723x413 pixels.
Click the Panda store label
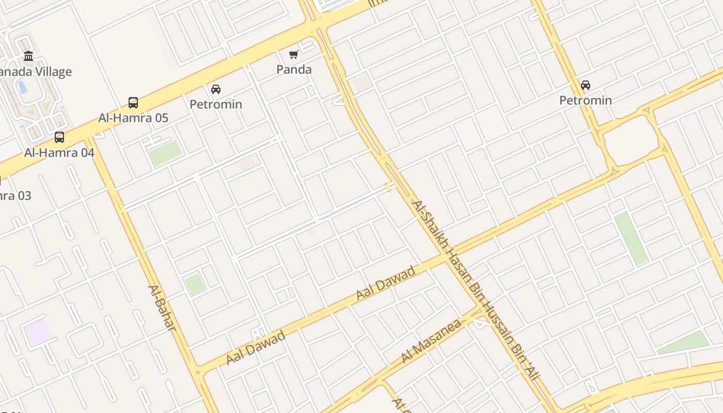click(294, 70)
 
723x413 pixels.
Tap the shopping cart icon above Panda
click(294, 54)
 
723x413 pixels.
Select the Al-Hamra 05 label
click(133, 118)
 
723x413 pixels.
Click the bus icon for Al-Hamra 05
click(133, 103)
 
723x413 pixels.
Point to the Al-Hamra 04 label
click(59, 153)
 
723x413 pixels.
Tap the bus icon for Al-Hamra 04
click(59, 137)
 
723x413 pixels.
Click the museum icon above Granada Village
click(28, 56)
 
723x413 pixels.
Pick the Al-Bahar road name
click(162, 308)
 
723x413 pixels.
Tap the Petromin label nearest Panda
click(216, 104)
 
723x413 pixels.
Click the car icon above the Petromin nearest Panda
click(216, 89)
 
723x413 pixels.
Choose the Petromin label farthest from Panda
click(586, 100)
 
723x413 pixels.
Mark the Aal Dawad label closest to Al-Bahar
click(256, 347)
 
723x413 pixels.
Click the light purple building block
click(38, 332)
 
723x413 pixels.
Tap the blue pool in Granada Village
click(23, 86)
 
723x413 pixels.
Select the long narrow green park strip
click(631, 239)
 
